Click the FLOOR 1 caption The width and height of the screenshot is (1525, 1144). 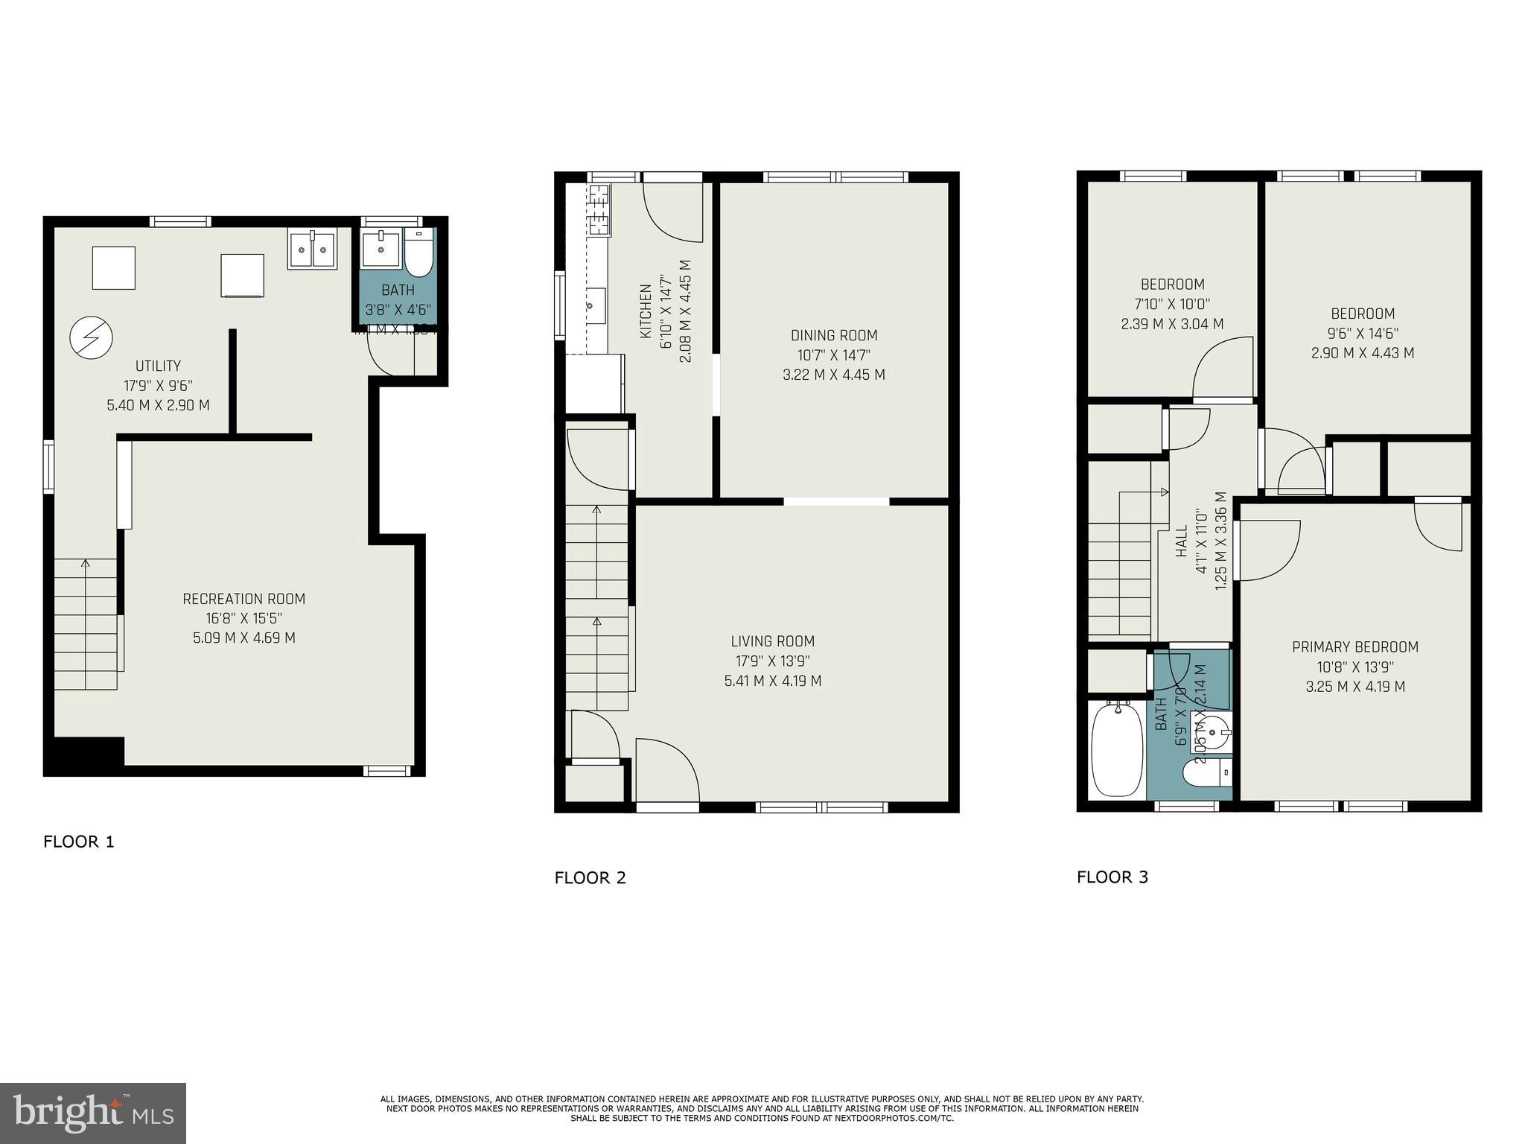pos(78,842)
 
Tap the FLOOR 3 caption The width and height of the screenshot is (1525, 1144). pos(1112,877)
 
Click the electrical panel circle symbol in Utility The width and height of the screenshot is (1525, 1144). pos(91,338)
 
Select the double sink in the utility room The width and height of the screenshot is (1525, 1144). pos(312,249)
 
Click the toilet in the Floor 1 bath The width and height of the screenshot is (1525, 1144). pos(418,253)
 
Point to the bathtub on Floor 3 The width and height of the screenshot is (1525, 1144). pos(1116,750)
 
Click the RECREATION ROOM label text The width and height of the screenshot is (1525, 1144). pos(244,599)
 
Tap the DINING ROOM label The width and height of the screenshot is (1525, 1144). pos(834,335)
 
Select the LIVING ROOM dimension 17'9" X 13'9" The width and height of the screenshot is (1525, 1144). pos(773,661)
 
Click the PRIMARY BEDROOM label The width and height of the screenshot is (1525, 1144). pos(1355,647)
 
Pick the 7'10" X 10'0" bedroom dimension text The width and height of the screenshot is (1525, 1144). pos(1172,304)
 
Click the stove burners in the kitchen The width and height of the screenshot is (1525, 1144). pos(599,210)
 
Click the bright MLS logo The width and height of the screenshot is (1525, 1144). pos(93,1113)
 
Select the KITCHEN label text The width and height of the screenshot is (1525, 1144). pos(646,311)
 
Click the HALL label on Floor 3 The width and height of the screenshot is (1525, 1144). pos(1182,541)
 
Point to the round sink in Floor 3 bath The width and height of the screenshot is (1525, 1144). pos(1212,732)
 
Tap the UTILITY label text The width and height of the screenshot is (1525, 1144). pos(158,366)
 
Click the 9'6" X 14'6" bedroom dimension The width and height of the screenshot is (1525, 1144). pos(1363,334)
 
